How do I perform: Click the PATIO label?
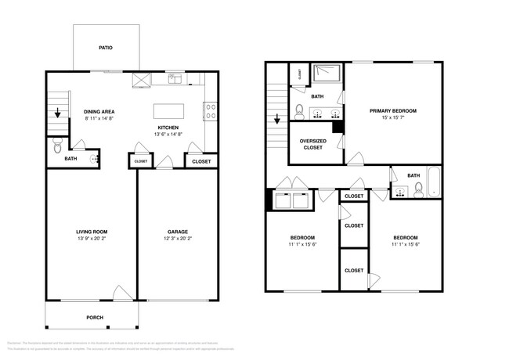105,49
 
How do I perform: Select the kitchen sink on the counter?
175,78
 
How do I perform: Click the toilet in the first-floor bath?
56,146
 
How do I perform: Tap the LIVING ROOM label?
92,232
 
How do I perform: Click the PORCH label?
94,317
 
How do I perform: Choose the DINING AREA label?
99,111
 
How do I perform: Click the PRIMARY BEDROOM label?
393,111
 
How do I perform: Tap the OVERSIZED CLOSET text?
312,143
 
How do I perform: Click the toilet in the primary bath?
299,110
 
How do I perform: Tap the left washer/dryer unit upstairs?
283,201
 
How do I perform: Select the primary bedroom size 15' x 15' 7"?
393,118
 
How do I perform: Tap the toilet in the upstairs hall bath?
419,189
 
